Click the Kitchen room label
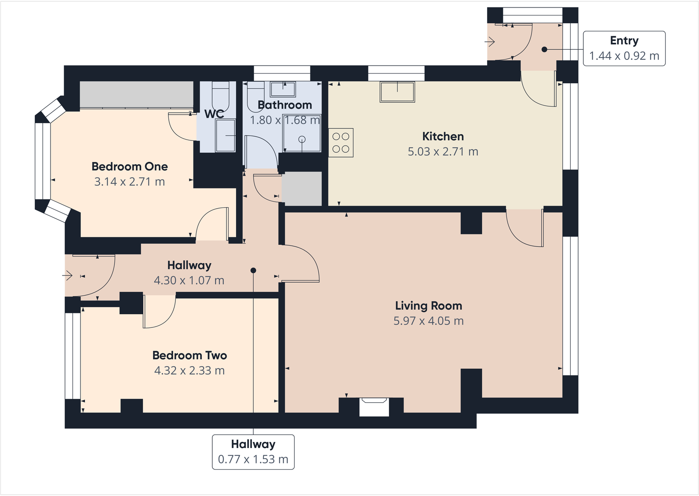coord(443,136)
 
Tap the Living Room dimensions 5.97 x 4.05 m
coord(428,321)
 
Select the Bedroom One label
coord(129,167)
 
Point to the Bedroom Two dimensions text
coord(189,371)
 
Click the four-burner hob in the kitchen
coord(341,143)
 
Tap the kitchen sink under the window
coord(397,92)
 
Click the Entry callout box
coord(624,48)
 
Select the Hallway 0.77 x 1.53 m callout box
coord(253,452)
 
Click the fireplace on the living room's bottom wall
coord(374,407)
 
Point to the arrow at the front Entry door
coord(490,42)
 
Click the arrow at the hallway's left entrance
coord(67,276)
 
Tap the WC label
coord(214,114)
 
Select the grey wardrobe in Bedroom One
coord(136,94)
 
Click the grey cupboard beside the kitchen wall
coord(302,188)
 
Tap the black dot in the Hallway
coord(253,270)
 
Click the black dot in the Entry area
coord(544,49)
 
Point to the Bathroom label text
coord(284,105)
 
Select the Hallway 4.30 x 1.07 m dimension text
coord(189,280)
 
